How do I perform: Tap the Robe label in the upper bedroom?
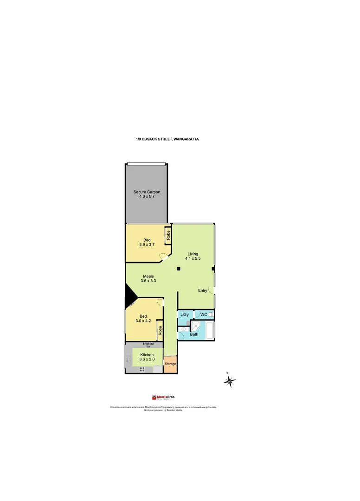click(x=168, y=235)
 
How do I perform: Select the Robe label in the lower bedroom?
click(x=160, y=330)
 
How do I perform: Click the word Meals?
click(x=148, y=276)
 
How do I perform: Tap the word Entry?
click(x=203, y=290)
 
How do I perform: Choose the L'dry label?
click(x=184, y=315)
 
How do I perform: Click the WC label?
click(x=203, y=315)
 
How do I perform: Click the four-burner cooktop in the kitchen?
click(x=142, y=369)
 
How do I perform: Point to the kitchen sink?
click(x=129, y=359)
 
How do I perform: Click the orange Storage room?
click(x=170, y=364)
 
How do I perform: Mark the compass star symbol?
click(x=230, y=381)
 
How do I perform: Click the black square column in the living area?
click(x=178, y=269)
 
